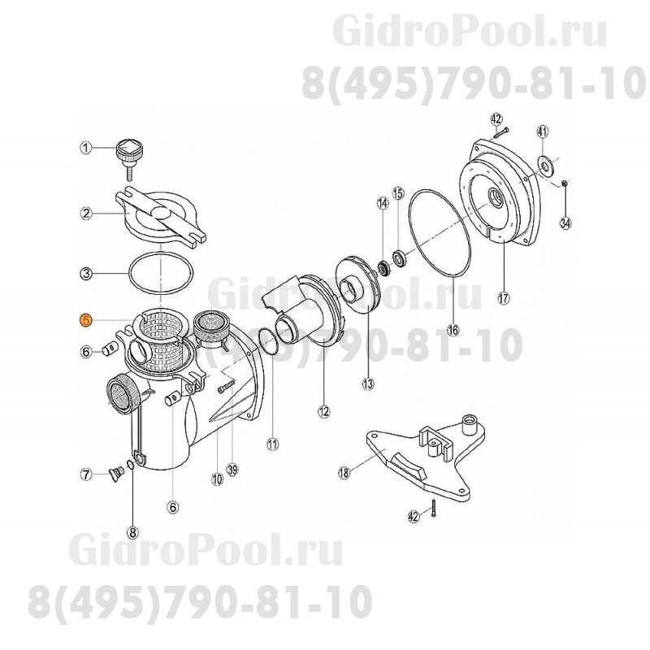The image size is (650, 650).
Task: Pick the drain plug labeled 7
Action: [x=115, y=470]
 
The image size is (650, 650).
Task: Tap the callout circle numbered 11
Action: [x=272, y=444]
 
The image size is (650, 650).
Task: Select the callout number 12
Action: [x=324, y=411]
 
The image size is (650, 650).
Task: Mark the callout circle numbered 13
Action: [x=367, y=382]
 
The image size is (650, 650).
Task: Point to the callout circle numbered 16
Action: [x=453, y=331]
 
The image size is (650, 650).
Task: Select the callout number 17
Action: [x=503, y=297]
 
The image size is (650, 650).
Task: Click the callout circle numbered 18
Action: [x=344, y=471]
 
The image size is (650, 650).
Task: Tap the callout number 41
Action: [x=543, y=132]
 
